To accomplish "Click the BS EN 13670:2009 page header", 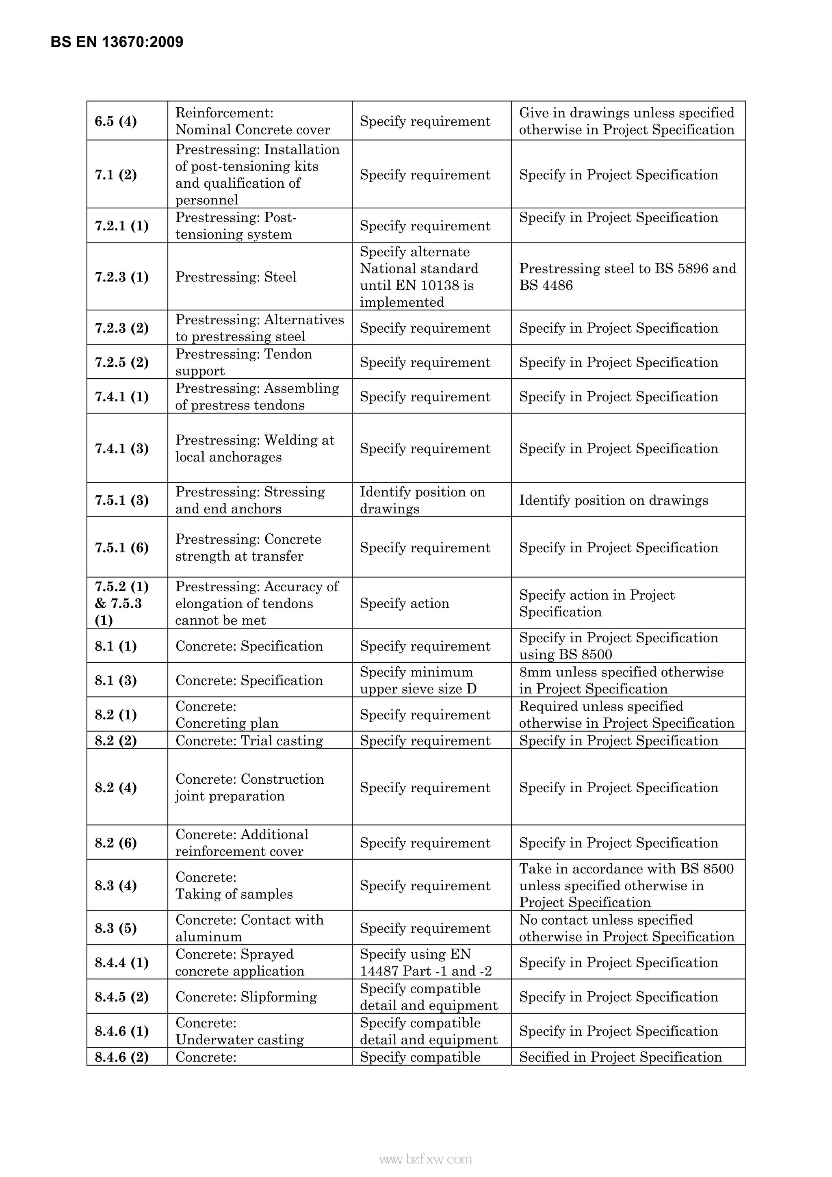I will [117, 42].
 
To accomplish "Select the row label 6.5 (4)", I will [116, 121].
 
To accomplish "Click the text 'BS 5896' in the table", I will [679, 269].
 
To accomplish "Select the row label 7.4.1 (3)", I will [121, 449].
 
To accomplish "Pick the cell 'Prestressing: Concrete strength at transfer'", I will [248, 548].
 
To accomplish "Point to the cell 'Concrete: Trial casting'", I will [249, 741].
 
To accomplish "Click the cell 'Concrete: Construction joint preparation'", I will [250, 787].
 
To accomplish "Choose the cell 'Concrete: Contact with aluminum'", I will [250, 928].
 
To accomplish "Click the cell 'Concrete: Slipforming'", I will [246, 997].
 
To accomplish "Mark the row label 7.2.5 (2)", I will [121, 362].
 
